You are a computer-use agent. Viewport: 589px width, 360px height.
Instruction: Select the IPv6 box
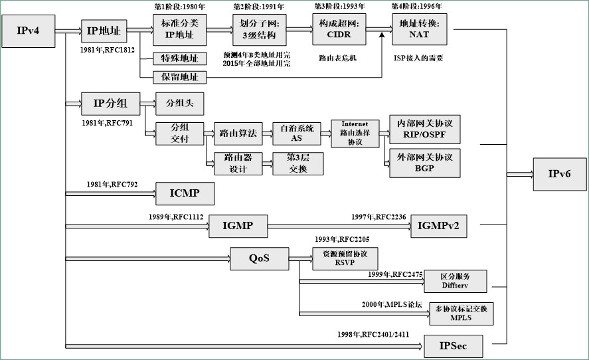click(558, 175)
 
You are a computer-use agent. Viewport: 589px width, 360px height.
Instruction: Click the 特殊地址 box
click(179, 58)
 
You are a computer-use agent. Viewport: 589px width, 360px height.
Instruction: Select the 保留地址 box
click(179, 77)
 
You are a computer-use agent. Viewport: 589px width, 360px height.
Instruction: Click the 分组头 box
click(179, 104)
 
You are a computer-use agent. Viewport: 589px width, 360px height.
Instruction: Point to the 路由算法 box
click(236, 134)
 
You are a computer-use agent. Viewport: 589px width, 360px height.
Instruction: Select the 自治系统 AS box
click(296, 133)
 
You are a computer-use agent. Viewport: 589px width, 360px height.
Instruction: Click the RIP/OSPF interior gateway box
click(424, 129)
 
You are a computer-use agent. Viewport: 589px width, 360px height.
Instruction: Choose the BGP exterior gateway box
click(424, 163)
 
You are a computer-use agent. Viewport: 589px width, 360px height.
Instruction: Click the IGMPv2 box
click(438, 226)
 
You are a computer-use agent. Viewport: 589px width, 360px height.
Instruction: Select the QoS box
click(260, 258)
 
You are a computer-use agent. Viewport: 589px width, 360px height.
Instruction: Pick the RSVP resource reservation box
click(345, 258)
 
